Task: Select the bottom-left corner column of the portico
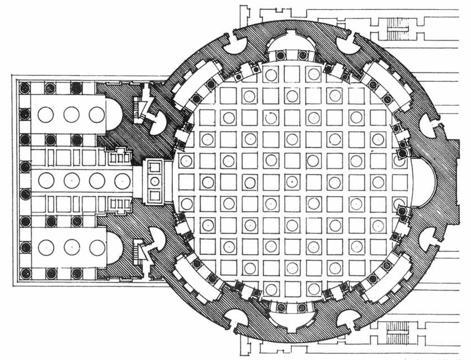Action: tap(24, 274)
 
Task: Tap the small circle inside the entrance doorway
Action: tap(155, 181)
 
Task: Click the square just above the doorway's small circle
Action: tap(155, 167)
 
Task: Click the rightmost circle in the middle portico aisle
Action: tap(123, 181)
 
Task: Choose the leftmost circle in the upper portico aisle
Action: tap(45, 115)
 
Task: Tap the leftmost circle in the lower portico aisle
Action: tap(45, 247)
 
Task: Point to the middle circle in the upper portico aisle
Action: tap(71, 115)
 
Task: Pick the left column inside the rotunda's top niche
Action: tap(281, 55)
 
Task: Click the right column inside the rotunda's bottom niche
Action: tap(303, 307)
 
